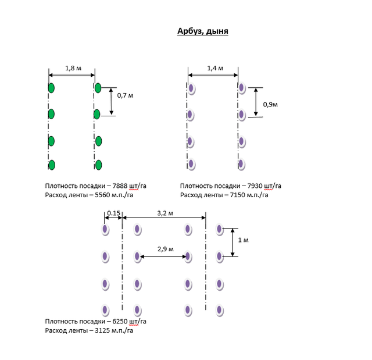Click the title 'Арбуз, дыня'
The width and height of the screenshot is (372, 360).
coord(203,31)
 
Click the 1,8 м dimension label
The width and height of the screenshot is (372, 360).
coord(72,68)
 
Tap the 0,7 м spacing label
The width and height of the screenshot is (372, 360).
coord(125,94)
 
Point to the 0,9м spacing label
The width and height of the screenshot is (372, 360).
coord(270,105)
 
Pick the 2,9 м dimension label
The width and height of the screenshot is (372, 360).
coord(165,248)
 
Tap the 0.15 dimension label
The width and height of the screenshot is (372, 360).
coord(113,213)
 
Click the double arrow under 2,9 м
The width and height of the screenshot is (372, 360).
coord(162,256)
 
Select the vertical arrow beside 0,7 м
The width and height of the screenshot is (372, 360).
coord(112,102)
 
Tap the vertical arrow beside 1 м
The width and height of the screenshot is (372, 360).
coord(233,241)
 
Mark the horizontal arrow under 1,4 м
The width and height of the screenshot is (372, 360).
coord(213,74)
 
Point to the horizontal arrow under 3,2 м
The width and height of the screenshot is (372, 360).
coord(164,219)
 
